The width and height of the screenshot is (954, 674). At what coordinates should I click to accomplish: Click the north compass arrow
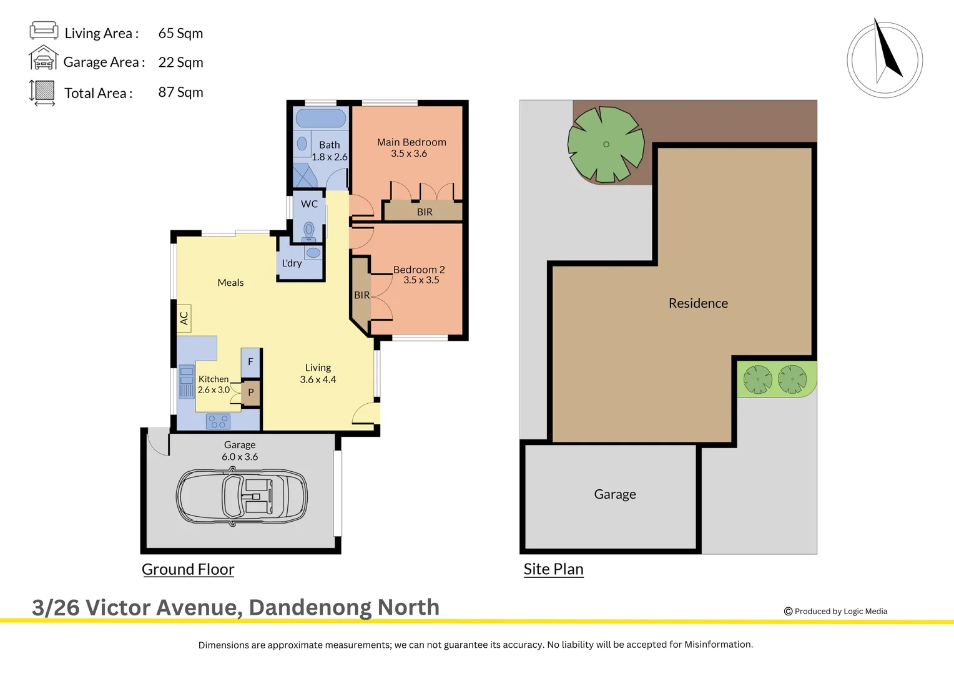(887, 53)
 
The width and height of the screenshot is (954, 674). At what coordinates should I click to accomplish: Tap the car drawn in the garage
(242, 496)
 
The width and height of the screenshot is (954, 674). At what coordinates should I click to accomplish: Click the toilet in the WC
(308, 230)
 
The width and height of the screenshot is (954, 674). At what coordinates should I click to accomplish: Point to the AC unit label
(184, 318)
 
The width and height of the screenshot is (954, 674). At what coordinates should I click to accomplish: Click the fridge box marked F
(250, 362)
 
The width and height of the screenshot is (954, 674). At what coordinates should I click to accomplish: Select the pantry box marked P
(251, 393)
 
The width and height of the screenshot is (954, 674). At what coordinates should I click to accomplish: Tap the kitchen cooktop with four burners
(218, 422)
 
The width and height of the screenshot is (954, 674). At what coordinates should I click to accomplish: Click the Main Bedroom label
(411, 142)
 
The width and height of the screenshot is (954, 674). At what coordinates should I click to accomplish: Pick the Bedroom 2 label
(419, 270)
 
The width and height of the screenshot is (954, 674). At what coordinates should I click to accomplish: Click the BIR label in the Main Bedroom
(425, 212)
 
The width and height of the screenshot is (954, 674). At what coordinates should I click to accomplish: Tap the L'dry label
(292, 263)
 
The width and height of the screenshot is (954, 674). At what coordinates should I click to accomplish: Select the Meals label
(230, 283)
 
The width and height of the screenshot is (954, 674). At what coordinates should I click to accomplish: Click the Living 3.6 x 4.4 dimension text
(318, 379)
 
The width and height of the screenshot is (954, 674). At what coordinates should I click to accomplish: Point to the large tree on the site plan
(606, 145)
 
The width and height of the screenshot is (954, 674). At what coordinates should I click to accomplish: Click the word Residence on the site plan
(698, 303)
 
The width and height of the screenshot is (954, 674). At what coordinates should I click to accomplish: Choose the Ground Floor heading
(188, 569)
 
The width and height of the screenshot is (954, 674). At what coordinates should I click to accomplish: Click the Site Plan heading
(553, 569)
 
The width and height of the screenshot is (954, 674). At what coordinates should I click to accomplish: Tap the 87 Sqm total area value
(180, 92)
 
